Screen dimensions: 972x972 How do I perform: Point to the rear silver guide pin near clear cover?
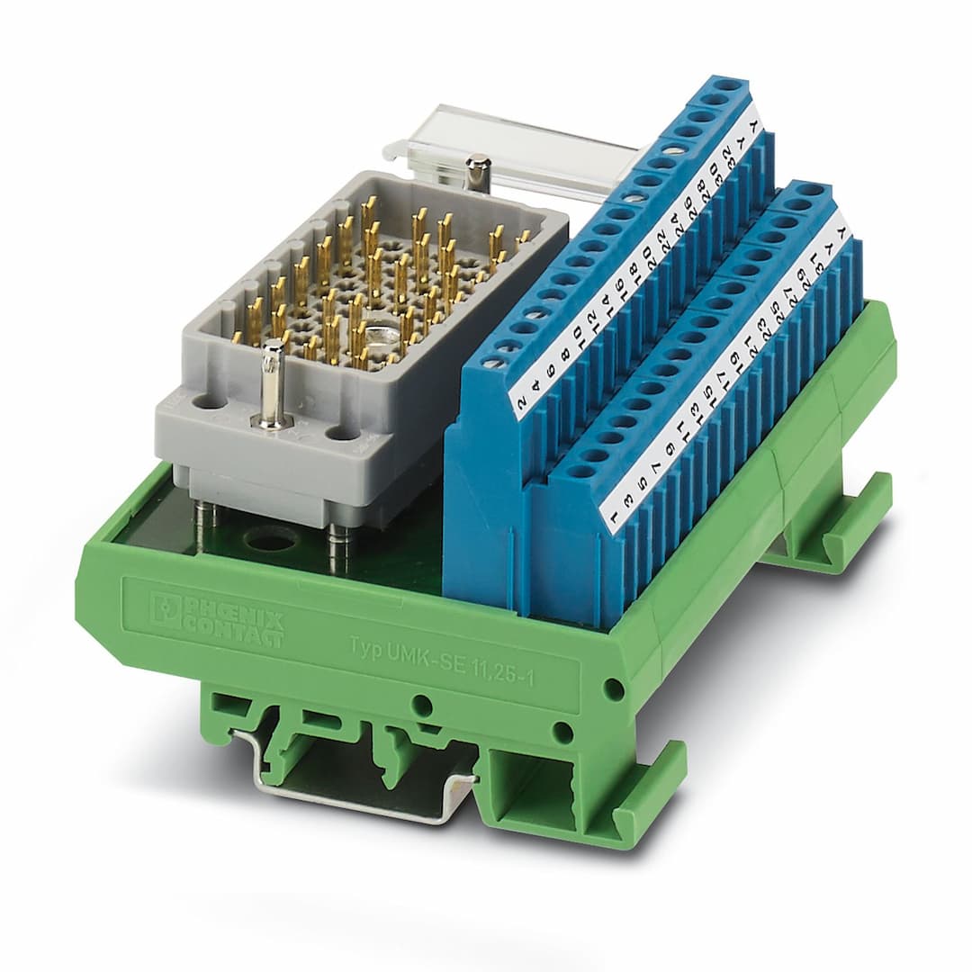tap(477, 173)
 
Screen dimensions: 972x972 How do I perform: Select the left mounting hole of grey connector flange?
tap(210, 403)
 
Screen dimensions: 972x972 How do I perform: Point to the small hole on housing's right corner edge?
tap(614, 690)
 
